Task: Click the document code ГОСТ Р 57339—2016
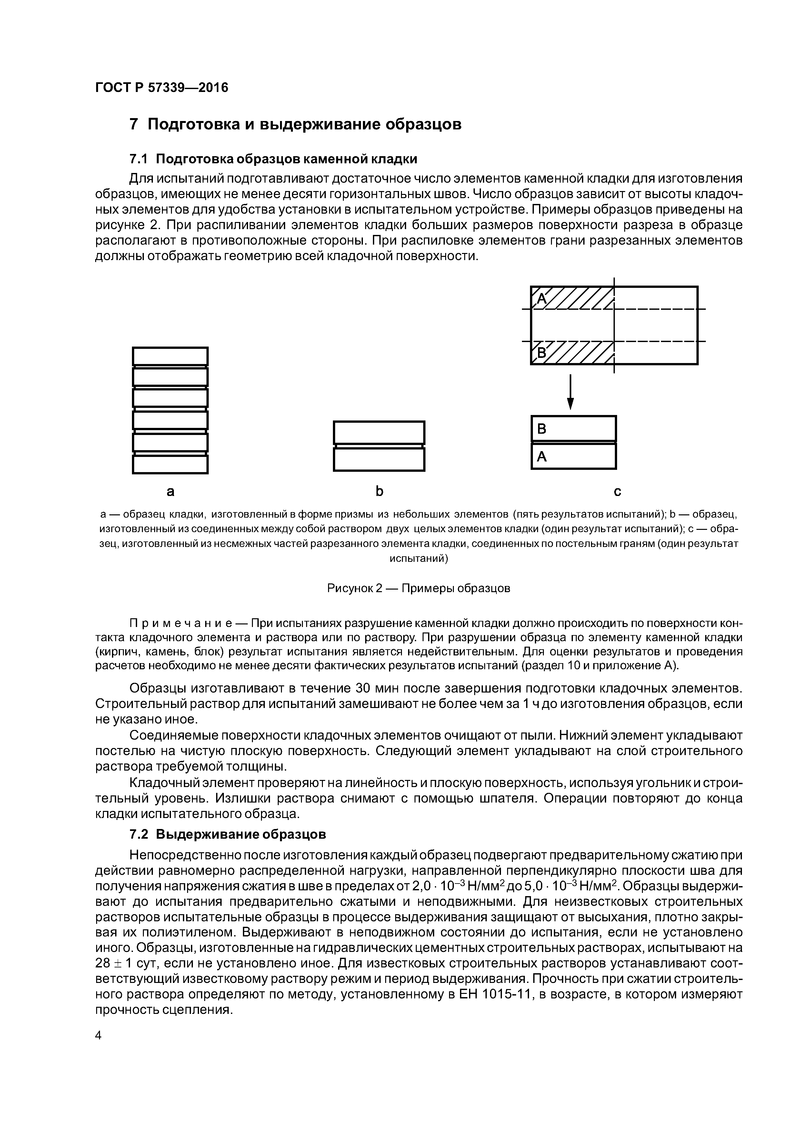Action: coord(162,88)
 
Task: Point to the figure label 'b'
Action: coord(379,491)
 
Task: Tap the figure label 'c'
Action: coord(617,491)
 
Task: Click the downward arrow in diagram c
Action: coord(570,392)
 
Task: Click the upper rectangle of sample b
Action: coord(379,432)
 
